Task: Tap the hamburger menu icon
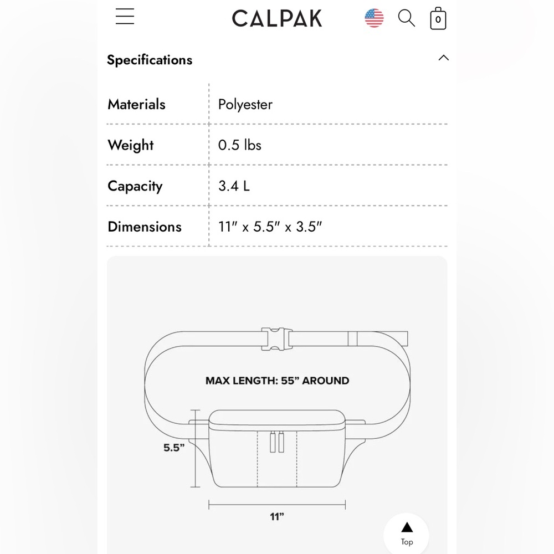pyautogui.click(x=125, y=16)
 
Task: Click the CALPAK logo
pyautogui.click(x=277, y=18)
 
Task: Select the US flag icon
pyautogui.click(x=374, y=18)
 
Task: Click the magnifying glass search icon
pyautogui.click(x=406, y=18)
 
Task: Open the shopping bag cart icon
pyautogui.click(x=438, y=18)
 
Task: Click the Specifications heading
pyautogui.click(x=150, y=60)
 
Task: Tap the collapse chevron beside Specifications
pyautogui.click(x=443, y=58)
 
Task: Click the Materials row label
pyautogui.click(x=136, y=104)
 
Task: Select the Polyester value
pyautogui.click(x=245, y=105)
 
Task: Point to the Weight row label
pyautogui.click(x=130, y=145)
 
